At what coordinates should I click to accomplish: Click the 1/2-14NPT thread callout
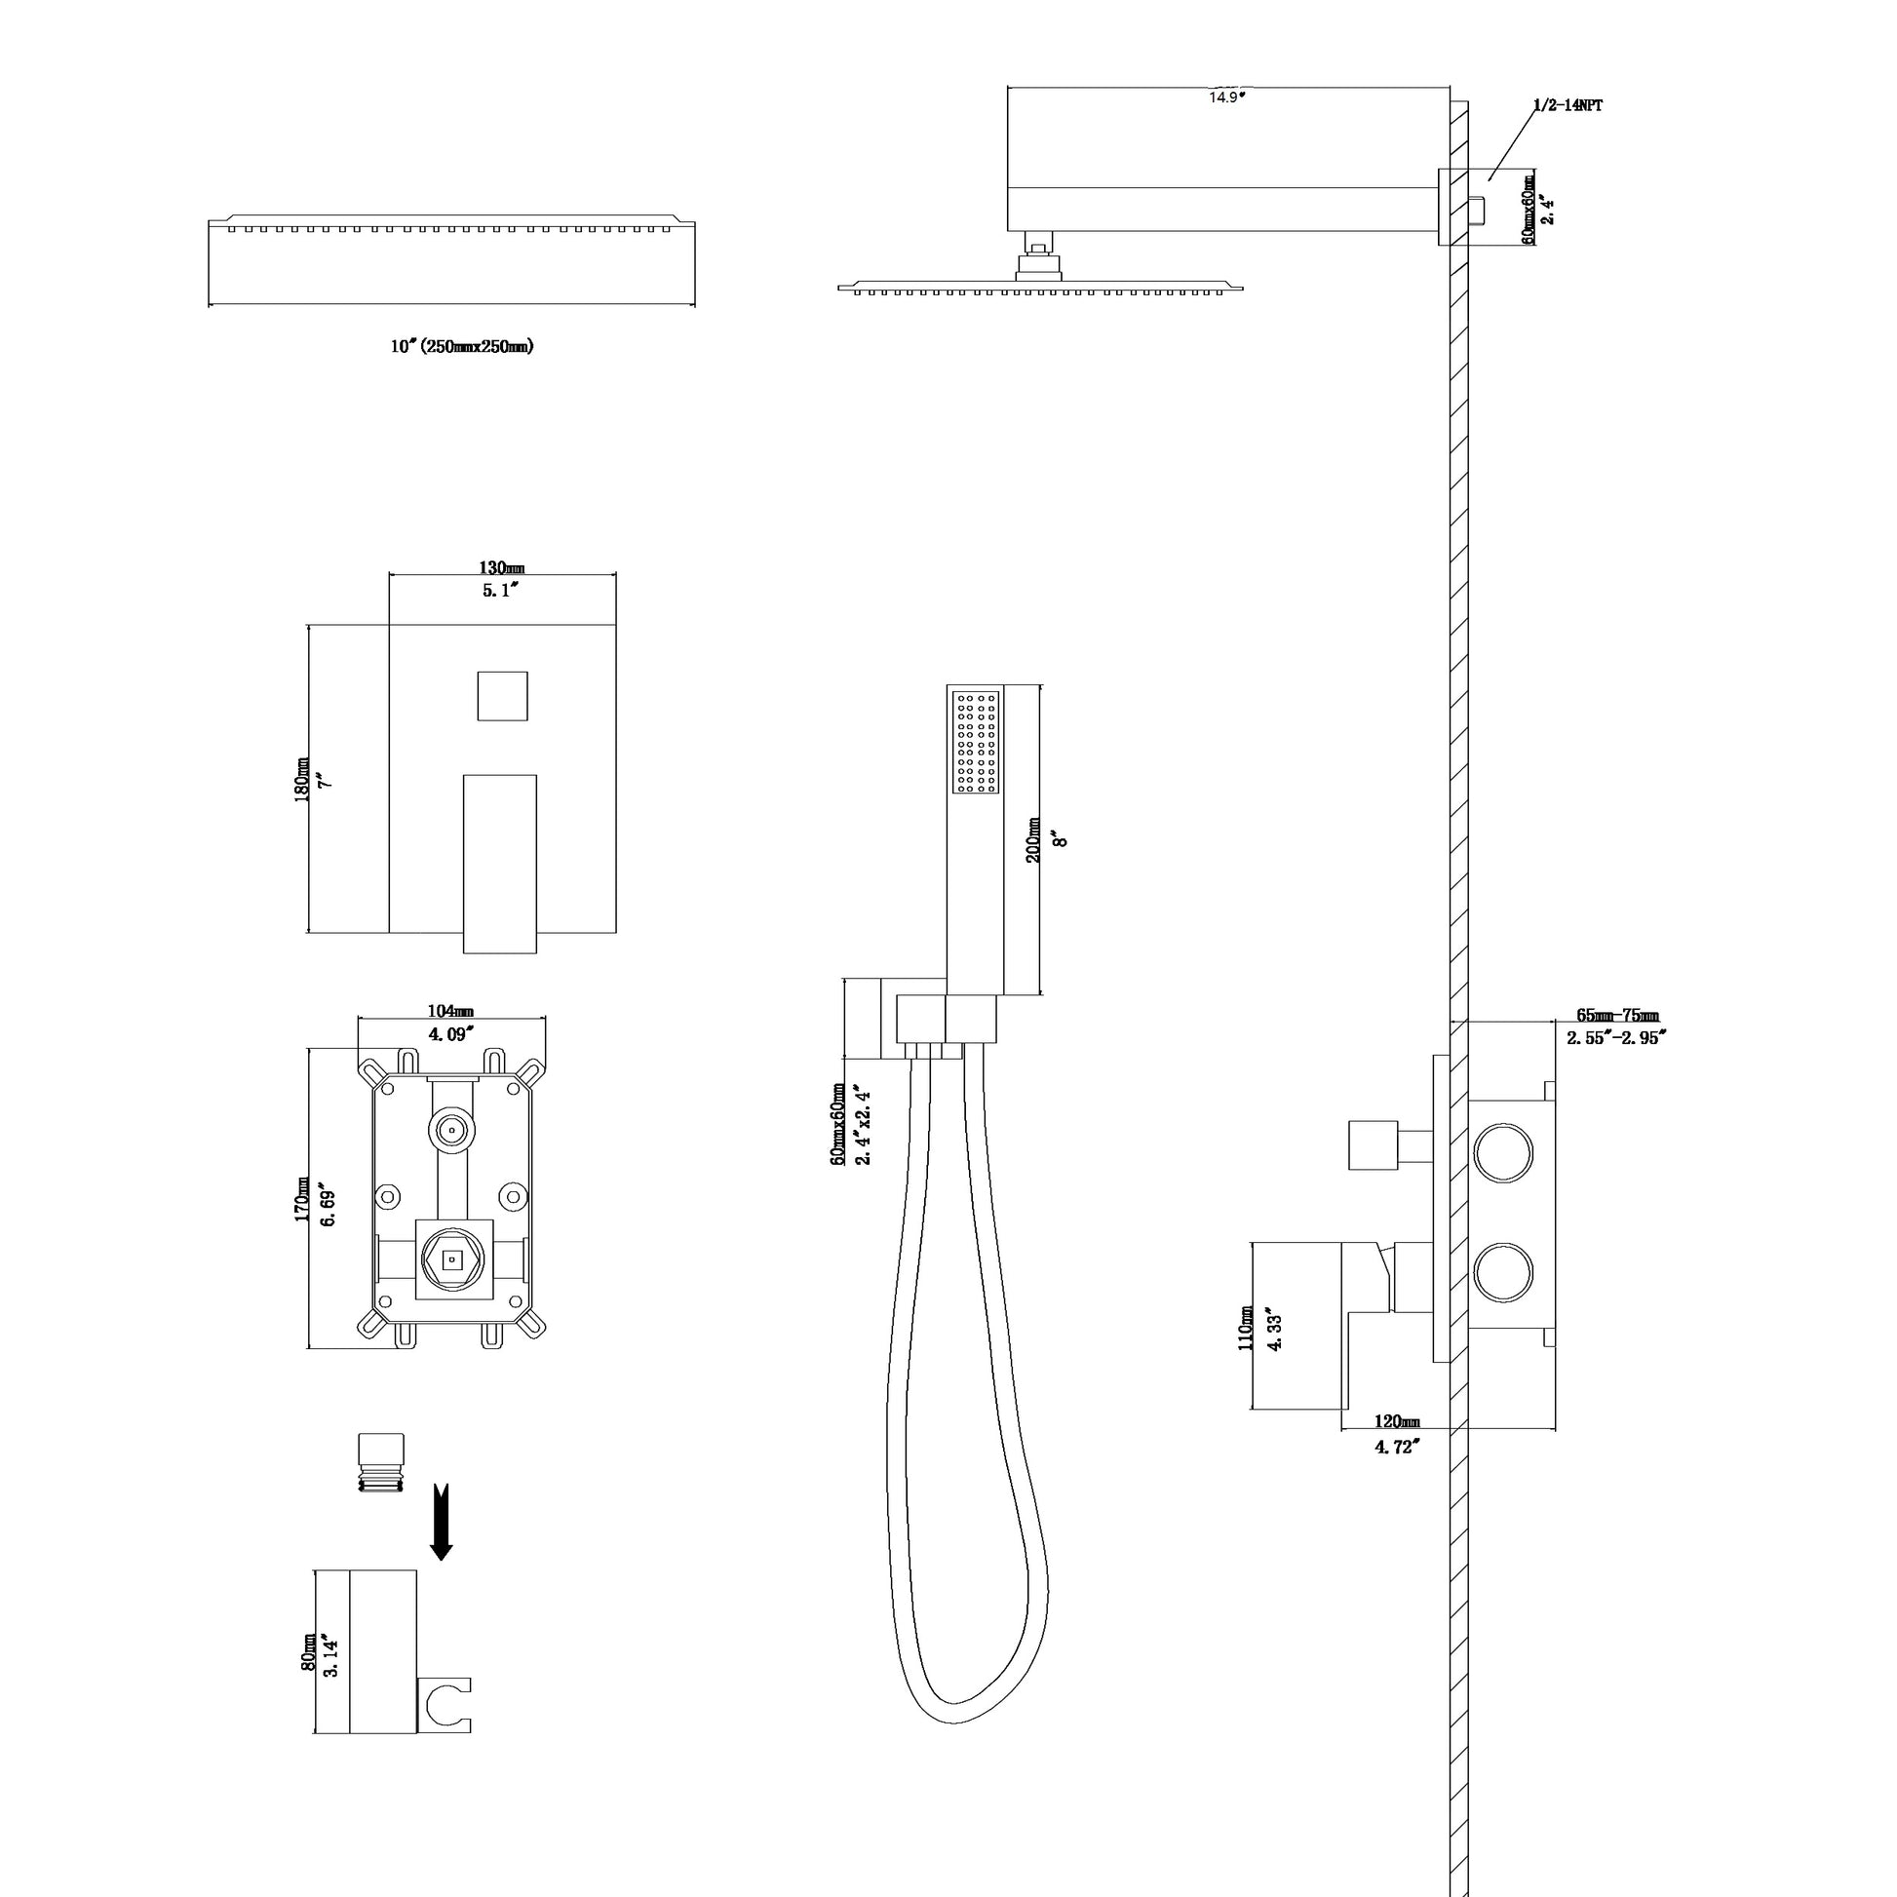(1568, 106)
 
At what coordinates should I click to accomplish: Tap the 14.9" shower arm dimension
(1226, 97)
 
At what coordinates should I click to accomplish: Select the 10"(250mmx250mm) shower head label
(461, 346)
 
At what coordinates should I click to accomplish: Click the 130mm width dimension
(501, 567)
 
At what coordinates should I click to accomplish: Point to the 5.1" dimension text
(501, 590)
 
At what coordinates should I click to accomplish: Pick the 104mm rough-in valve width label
(449, 1011)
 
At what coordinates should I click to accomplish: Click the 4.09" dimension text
(449, 1033)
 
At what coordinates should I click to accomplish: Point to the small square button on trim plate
(502, 696)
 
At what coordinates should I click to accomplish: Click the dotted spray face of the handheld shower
(976, 742)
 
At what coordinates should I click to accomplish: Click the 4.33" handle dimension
(1275, 1330)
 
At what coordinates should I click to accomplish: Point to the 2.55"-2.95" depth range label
(1616, 1038)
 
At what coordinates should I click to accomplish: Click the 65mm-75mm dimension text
(1616, 1016)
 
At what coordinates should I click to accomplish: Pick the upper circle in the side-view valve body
(1503, 1155)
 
